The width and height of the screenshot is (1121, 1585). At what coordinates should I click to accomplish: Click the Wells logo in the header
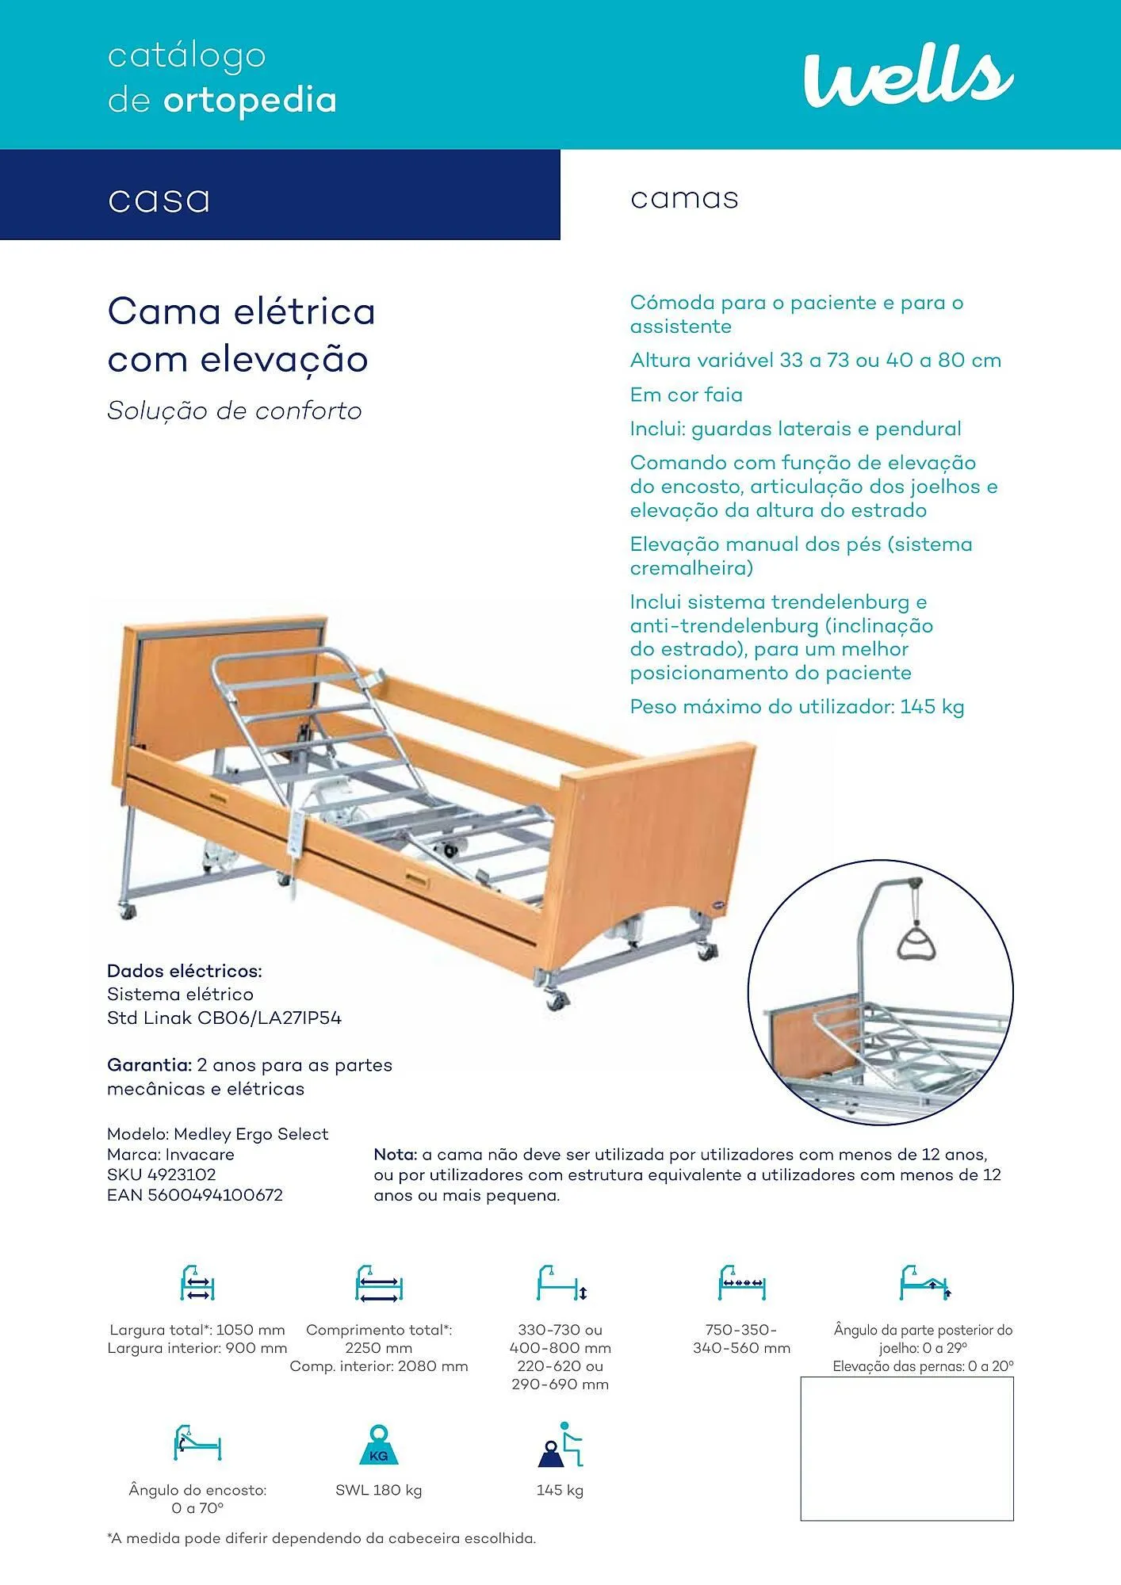[908, 77]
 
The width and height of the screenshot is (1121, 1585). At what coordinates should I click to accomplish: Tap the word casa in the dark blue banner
[159, 199]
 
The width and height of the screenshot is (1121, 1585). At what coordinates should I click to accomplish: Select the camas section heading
[684, 198]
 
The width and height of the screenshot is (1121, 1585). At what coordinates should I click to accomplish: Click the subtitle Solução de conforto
[235, 411]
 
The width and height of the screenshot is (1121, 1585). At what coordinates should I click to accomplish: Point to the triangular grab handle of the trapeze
[916, 942]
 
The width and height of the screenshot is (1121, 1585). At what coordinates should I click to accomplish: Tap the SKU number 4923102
[182, 1174]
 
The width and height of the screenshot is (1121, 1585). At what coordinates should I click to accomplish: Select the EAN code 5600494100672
[215, 1195]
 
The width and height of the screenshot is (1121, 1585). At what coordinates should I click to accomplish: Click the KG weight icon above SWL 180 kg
[379, 1446]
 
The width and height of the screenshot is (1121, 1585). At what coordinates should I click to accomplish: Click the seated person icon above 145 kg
[560, 1446]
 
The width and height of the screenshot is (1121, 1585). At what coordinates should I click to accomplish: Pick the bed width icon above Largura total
[197, 1283]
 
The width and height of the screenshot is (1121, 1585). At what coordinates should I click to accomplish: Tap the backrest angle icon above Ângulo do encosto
[197, 1444]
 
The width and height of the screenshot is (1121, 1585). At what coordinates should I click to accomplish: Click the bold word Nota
[395, 1155]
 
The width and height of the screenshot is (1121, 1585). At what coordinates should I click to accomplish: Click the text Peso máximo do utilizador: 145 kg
[797, 707]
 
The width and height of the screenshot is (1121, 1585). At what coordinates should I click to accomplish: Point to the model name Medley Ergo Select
[251, 1134]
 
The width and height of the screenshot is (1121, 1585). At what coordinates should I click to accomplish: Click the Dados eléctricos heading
[184, 971]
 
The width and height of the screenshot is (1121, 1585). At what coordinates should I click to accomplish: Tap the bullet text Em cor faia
[687, 395]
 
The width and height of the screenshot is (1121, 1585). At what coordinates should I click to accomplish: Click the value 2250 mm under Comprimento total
[378, 1348]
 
